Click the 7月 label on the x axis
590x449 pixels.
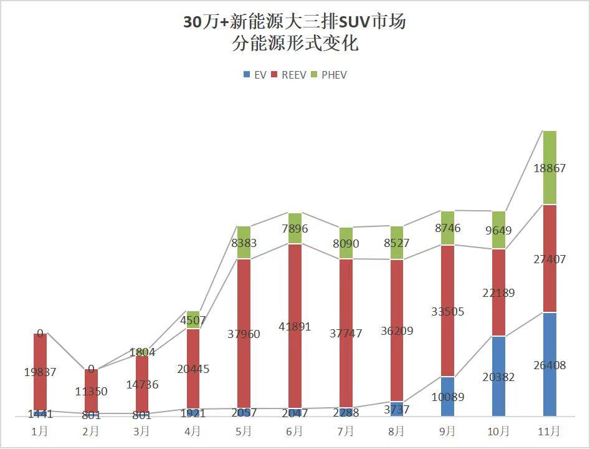346,431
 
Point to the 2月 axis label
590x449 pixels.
91,431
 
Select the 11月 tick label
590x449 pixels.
549,431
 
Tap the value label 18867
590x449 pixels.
549,168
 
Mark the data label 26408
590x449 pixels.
549,365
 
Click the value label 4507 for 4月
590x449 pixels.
193,321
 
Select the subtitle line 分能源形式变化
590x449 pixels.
295,45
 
